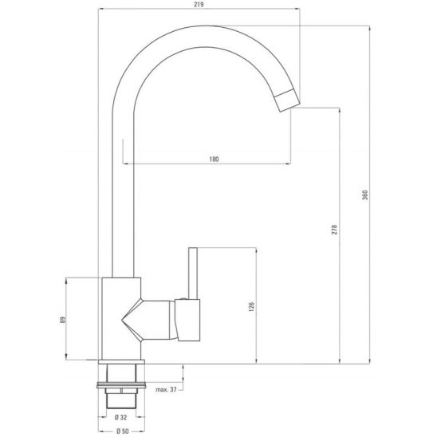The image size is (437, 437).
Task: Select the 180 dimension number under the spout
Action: [x=214, y=159]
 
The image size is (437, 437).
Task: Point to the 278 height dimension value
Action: [x=333, y=229]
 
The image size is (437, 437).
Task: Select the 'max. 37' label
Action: [x=167, y=389]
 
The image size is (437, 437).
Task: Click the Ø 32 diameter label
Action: [x=122, y=415]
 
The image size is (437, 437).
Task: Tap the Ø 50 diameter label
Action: [x=122, y=431]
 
